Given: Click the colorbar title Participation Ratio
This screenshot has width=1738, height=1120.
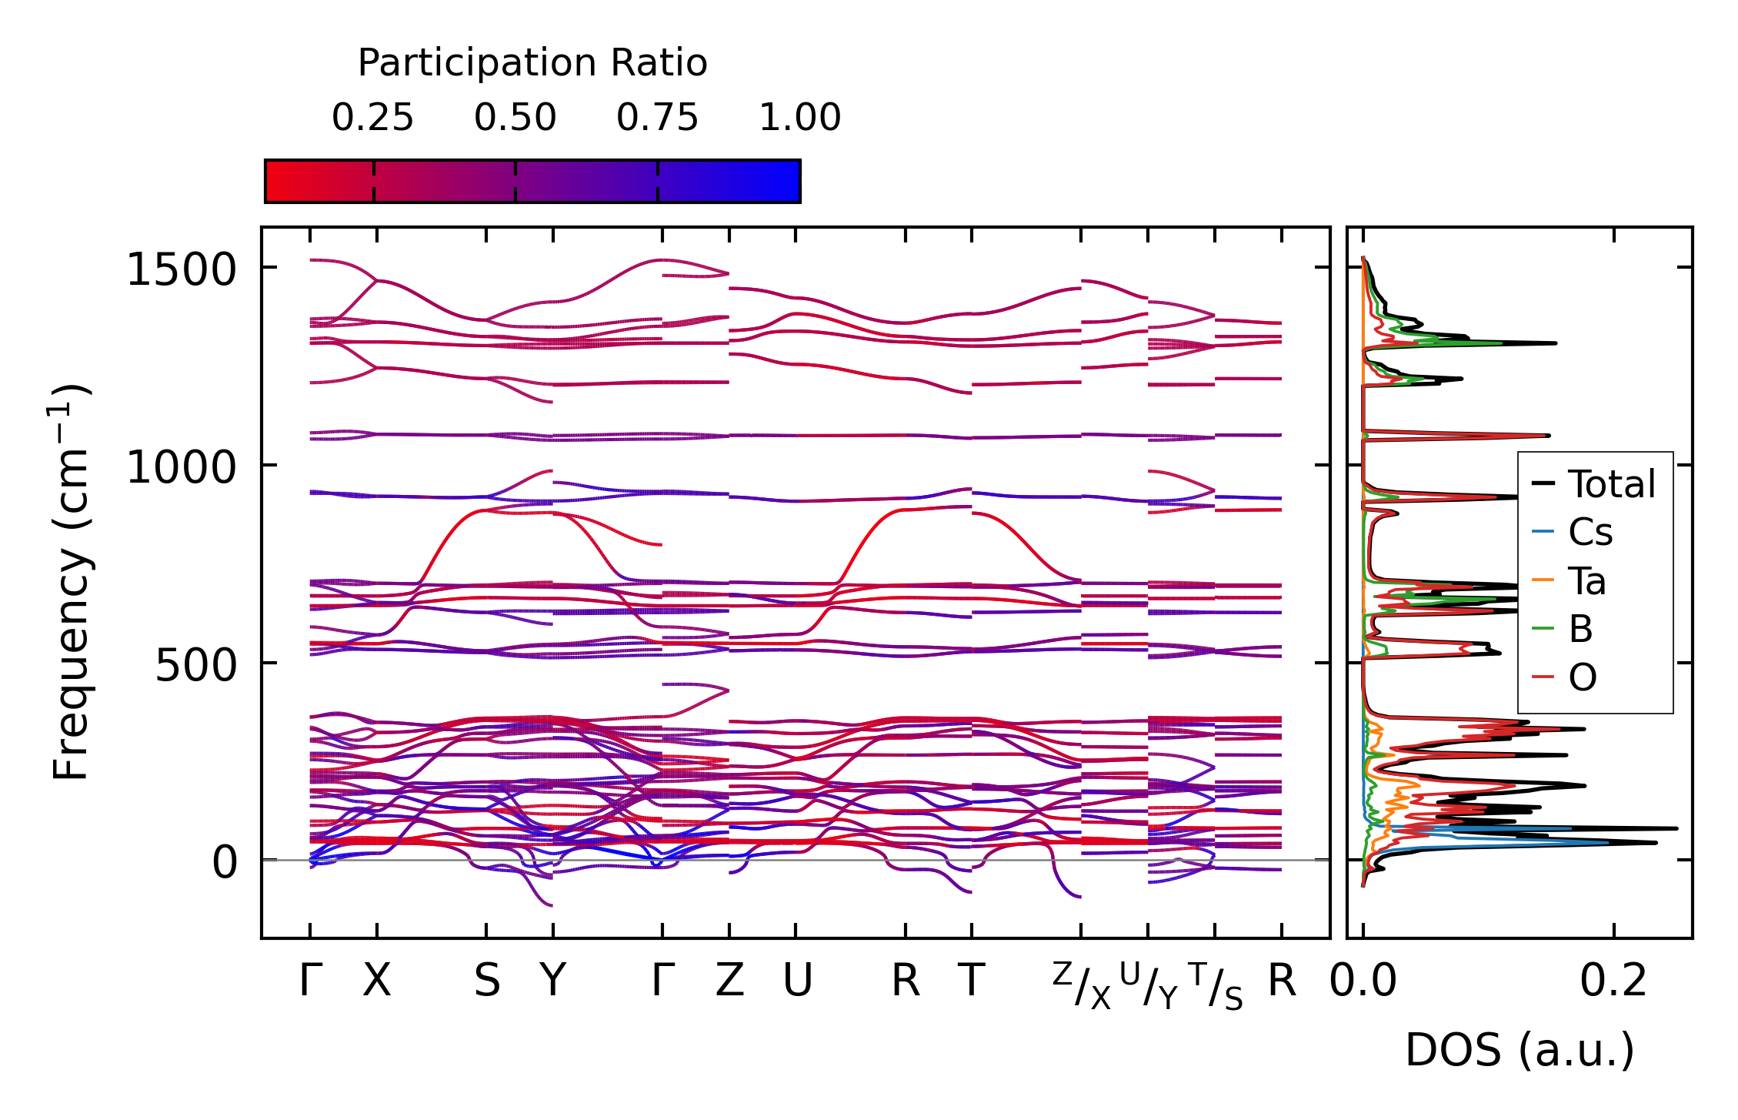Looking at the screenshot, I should [532, 63].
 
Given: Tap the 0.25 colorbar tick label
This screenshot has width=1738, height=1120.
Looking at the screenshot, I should [373, 118].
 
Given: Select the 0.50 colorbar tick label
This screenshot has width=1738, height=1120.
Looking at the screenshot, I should [515, 118].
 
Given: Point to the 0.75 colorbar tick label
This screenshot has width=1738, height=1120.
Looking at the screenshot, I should [657, 118].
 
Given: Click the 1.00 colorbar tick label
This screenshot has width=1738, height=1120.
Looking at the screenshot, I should [800, 118].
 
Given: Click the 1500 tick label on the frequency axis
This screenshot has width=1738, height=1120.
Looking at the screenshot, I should [181, 270].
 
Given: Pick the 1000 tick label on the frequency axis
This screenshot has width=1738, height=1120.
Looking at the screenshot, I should [181, 467].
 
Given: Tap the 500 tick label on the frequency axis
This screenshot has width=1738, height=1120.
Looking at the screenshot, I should [195, 665].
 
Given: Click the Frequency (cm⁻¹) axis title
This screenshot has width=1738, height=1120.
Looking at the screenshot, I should [72, 582].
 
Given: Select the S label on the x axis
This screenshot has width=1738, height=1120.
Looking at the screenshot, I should [487, 981].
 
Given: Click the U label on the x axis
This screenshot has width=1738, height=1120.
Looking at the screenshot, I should [797, 981].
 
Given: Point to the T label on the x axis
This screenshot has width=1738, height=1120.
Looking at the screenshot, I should [972, 981].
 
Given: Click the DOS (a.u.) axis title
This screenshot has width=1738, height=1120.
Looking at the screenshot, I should [1519, 1051].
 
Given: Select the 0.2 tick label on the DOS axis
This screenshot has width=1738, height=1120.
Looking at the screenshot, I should [1613, 981].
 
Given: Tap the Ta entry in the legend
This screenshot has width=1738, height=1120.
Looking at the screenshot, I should [1587, 581].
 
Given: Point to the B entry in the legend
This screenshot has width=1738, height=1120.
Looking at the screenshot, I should [1580, 629].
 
